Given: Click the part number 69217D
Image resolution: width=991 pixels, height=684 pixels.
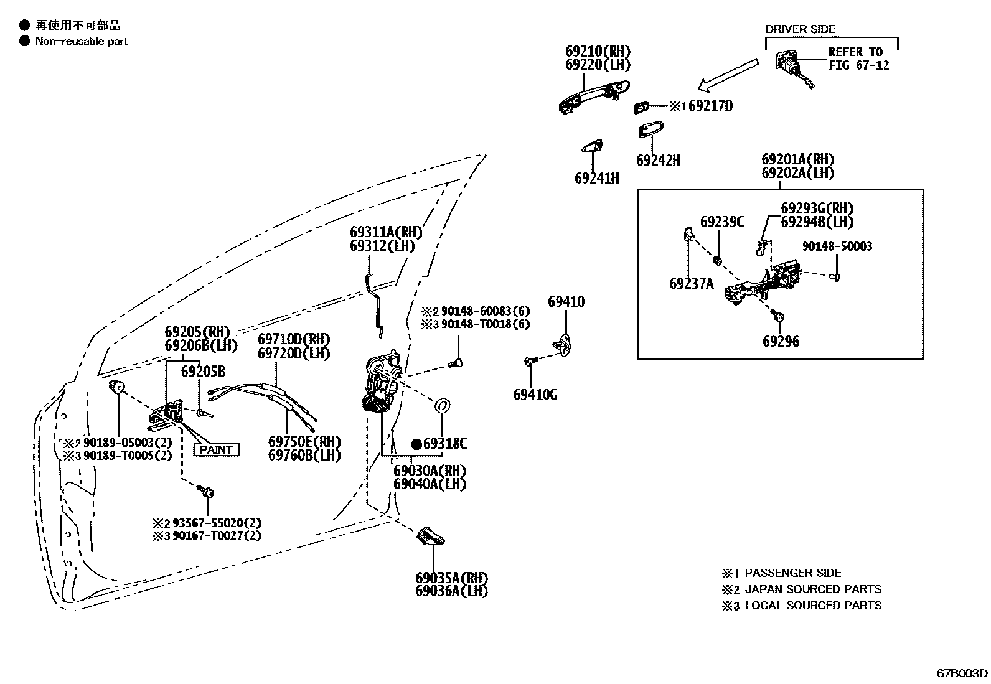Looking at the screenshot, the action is (x=710, y=106).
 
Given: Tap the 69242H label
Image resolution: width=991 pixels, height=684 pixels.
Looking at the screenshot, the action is (x=658, y=161).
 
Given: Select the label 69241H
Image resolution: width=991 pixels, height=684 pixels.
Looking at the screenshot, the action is (x=596, y=179).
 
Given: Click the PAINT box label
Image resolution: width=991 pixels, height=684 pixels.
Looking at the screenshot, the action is (x=217, y=449).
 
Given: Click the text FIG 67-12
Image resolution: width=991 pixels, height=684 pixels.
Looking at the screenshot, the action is (x=858, y=65).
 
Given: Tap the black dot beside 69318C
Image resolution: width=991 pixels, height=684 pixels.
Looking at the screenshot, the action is (x=416, y=444).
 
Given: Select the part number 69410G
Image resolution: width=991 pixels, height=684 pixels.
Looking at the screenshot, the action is (x=535, y=395).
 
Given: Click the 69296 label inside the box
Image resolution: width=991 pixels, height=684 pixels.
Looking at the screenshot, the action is (x=781, y=342).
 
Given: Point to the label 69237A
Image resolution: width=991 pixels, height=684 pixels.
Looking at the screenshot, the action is (x=691, y=284).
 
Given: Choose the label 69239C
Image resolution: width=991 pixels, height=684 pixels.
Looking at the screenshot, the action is (x=721, y=222).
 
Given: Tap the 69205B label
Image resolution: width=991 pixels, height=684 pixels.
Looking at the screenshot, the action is (x=203, y=372).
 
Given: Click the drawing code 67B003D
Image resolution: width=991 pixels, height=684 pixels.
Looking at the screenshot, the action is (x=962, y=673).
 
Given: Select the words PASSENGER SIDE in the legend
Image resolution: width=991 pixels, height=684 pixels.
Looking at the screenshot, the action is (x=792, y=573).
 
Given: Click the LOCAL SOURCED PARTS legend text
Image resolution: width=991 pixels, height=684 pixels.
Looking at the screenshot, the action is (x=812, y=606).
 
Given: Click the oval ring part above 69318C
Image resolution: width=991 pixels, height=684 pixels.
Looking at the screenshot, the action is (x=442, y=406).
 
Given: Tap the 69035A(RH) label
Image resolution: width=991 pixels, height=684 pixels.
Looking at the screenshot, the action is (x=451, y=578).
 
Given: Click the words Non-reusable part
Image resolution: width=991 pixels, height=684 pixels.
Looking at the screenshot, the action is (x=82, y=41).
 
